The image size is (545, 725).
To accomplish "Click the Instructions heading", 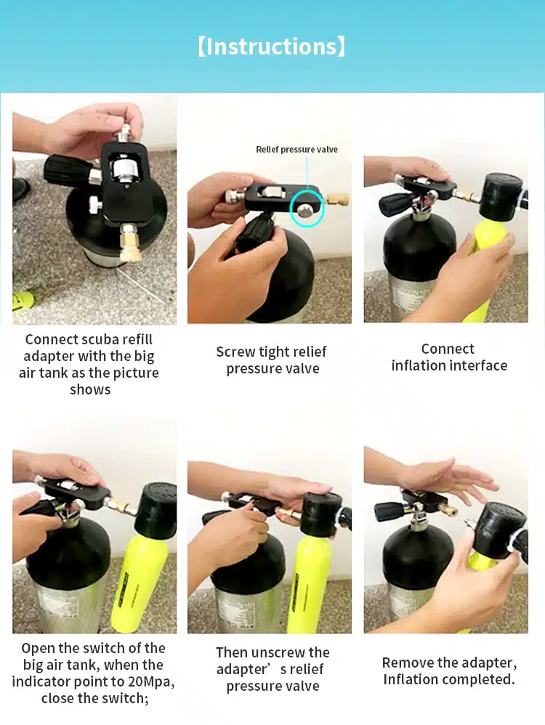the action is click(x=272, y=46).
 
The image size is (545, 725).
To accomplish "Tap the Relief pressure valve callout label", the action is click(x=296, y=150).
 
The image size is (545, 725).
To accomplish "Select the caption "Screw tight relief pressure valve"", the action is click(x=272, y=360).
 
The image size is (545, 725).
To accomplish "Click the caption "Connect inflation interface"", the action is click(x=449, y=357).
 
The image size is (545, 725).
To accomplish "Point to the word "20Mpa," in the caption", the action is click(x=148, y=681).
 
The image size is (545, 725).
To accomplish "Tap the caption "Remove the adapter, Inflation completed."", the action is click(x=449, y=671).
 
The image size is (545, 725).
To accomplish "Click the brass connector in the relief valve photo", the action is click(x=336, y=199).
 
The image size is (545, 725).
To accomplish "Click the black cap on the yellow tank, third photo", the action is click(x=501, y=196).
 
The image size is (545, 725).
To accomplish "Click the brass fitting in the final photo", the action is click(x=447, y=510).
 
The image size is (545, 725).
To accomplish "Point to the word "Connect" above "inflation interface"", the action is click(x=448, y=349).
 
